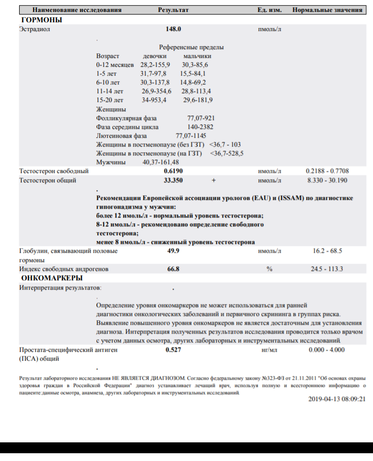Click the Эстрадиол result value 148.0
(173, 30)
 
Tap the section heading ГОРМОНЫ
(41, 20)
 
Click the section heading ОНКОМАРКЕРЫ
(51, 278)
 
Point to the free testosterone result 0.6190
(173, 170)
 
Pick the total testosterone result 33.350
(173, 180)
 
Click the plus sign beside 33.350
(213, 180)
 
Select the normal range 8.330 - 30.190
(327, 180)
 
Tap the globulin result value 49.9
(173, 251)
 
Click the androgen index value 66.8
(173, 269)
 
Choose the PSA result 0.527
(173, 350)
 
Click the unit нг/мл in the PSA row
(269, 350)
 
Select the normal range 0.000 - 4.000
(326, 350)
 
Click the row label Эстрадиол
(34, 30)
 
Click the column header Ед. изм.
(269, 10)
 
